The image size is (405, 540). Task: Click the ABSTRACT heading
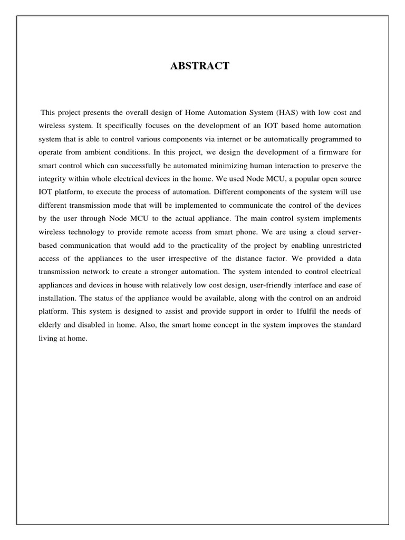pyautogui.click(x=199, y=66)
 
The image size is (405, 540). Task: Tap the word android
pyautogui.click(x=346, y=298)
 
